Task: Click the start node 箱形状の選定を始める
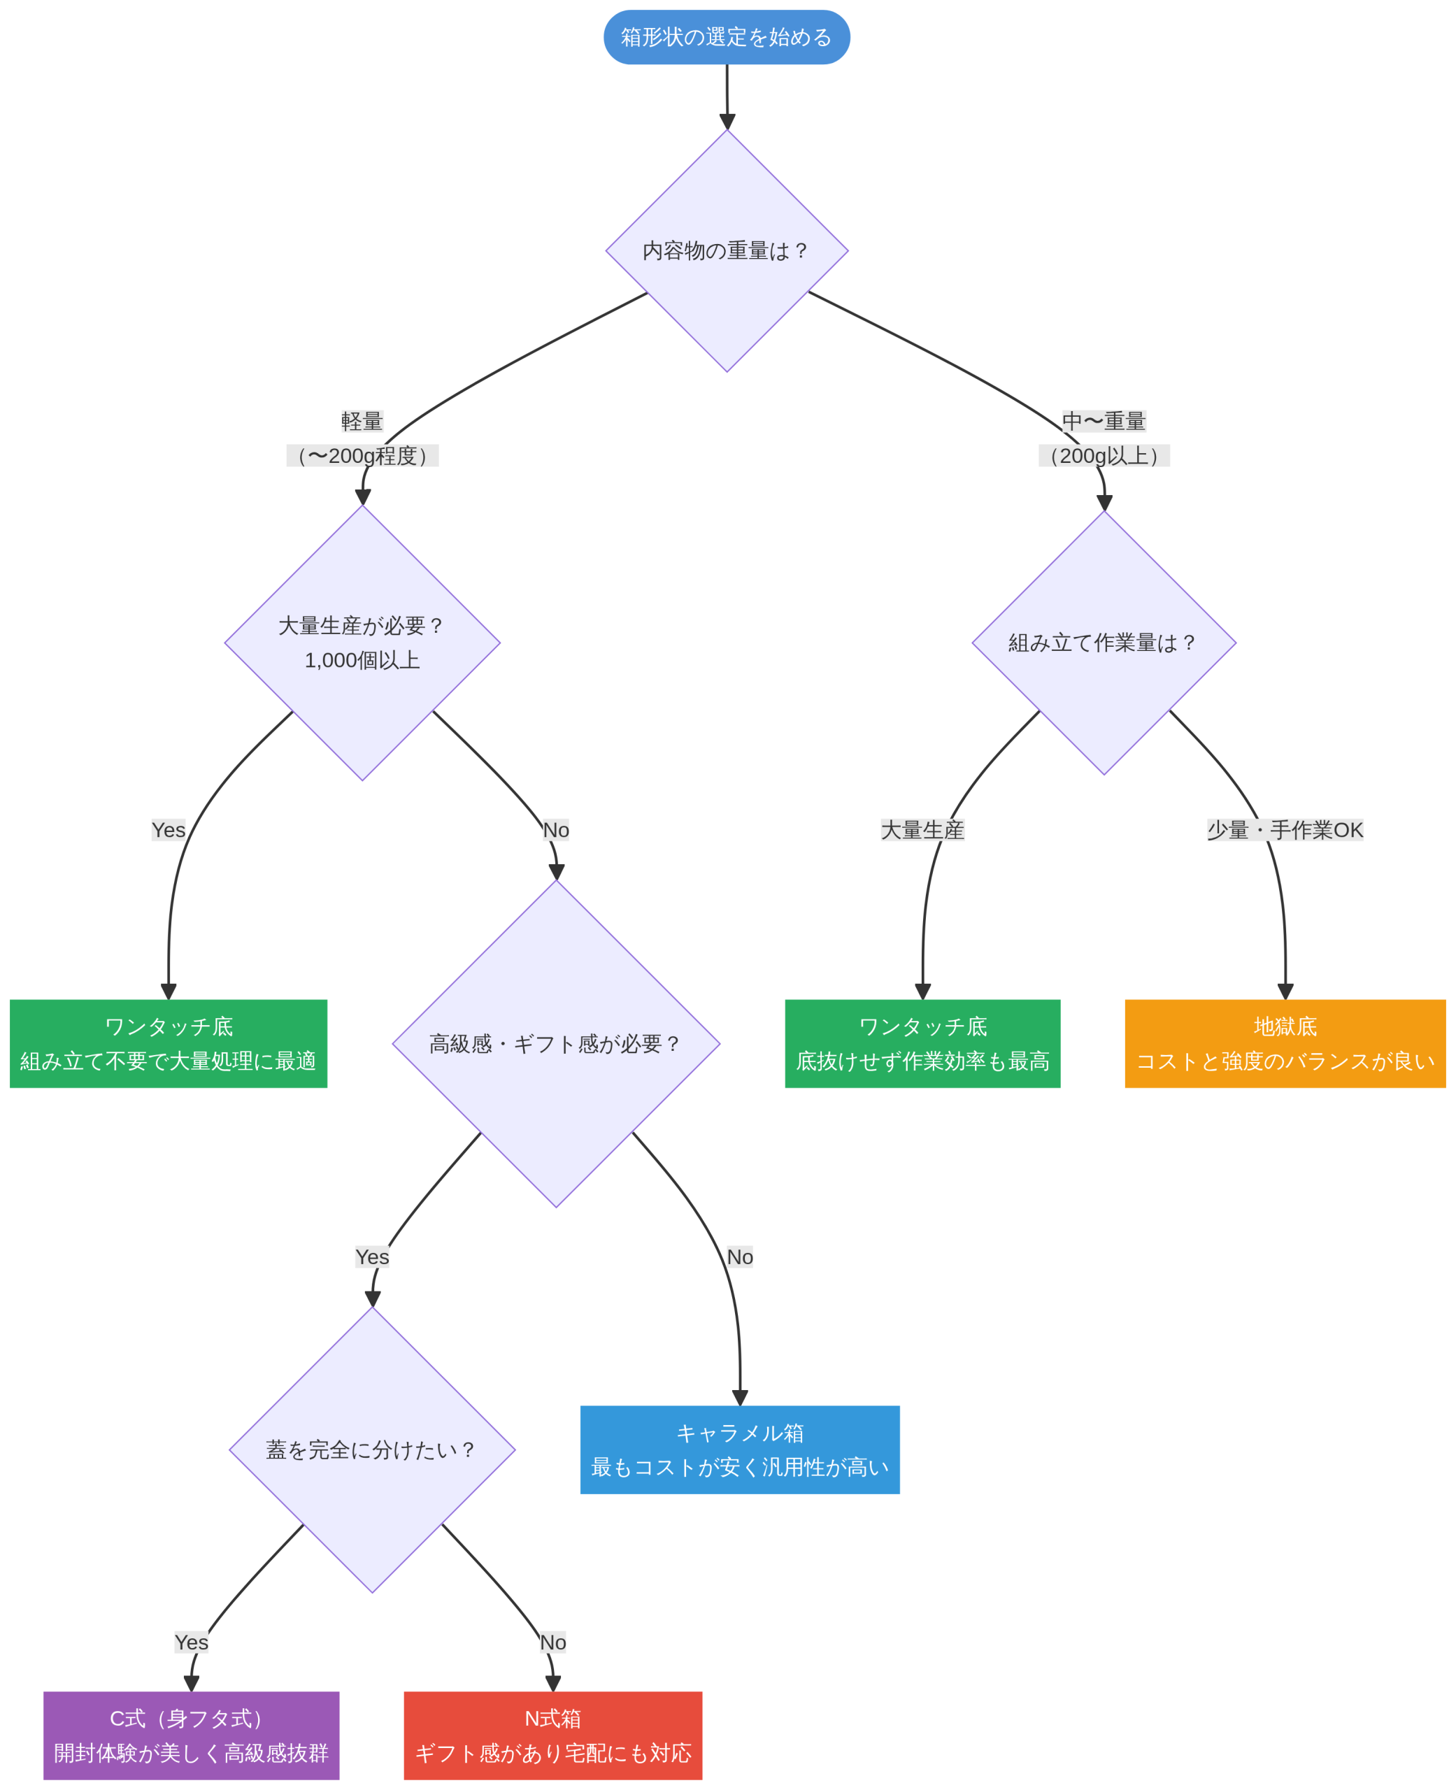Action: pos(727,37)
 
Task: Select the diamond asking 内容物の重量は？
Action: pos(727,251)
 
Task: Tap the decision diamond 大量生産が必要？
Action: pos(362,643)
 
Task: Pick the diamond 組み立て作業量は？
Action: pos(1104,643)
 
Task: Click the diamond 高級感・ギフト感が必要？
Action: pos(556,1044)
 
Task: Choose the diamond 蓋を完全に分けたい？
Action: pos(372,1449)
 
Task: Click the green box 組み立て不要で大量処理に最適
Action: pos(169,1044)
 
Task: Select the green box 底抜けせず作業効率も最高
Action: pos(922,1044)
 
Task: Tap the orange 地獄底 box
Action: pos(1285,1044)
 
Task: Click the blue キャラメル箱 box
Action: pos(740,1449)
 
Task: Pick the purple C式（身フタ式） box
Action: pos(191,1735)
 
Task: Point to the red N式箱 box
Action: pos(552,1735)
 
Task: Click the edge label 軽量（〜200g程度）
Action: pos(362,438)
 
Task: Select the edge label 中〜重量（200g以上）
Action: pos(1104,438)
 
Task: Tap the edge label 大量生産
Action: pos(922,830)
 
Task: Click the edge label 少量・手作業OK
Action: pos(1285,830)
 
